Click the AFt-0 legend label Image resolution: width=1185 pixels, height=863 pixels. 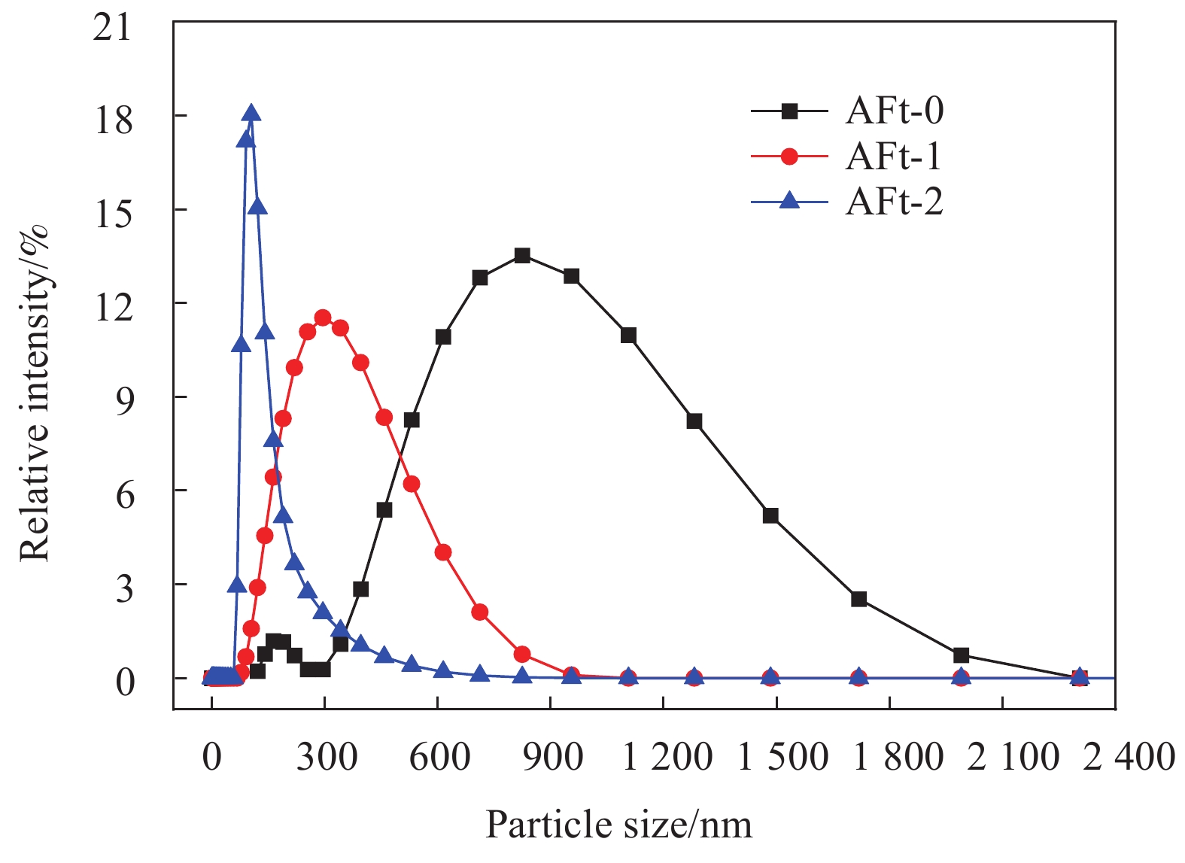pyautogui.click(x=894, y=111)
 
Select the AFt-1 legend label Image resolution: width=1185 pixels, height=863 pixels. pyautogui.click(x=894, y=156)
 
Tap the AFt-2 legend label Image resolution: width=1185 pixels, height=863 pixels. pyautogui.click(x=894, y=202)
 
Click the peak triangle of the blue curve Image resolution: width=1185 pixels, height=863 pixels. pyautogui.click(x=252, y=114)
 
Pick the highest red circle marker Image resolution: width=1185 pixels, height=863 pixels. pyautogui.click(x=323, y=318)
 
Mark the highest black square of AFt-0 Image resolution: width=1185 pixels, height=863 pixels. pyautogui.click(x=522, y=256)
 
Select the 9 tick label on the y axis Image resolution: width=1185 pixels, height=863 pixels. pyautogui.click(x=124, y=400)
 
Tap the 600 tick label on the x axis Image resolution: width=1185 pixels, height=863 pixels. pyautogui.click(x=440, y=756)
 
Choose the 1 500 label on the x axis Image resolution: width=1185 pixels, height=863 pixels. pyautogui.click(x=782, y=756)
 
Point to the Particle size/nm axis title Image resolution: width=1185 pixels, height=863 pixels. pyautogui.click(x=618, y=825)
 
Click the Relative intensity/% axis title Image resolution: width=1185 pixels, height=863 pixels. pyautogui.click(x=35, y=392)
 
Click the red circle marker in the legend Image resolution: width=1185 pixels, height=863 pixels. pyautogui.click(x=789, y=156)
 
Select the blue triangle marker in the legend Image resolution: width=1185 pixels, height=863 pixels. pyautogui.click(x=789, y=201)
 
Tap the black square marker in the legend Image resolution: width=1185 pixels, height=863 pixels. pyautogui.click(x=789, y=111)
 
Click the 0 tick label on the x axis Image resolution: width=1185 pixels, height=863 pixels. pyautogui.click(x=212, y=756)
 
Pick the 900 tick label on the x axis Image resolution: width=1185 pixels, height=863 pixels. pyautogui.click(x=553, y=756)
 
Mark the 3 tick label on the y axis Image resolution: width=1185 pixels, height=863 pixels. pyautogui.click(x=124, y=587)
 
